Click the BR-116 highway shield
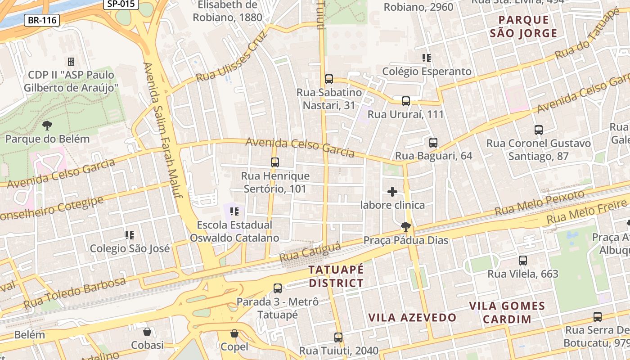tap(41, 20)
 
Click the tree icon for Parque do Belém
tap(47, 126)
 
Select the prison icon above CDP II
tap(71, 61)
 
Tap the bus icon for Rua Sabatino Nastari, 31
tap(329, 79)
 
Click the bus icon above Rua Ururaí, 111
tap(406, 101)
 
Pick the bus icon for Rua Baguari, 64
tap(433, 143)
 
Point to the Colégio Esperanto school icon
tap(427, 58)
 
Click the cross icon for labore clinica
tap(392, 192)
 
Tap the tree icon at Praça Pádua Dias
tap(406, 227)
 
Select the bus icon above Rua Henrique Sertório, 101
tap(275, 162)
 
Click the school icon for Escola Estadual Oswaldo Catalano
tap(234, 211)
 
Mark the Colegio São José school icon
tap(130, 235)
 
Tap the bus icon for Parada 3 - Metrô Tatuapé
tap(278, 288)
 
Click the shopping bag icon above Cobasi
tap(147, 332)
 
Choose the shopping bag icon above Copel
tap(234, 333)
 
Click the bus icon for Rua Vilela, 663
tap(523, 260)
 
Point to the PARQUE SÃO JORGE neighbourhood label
tap(523, 27)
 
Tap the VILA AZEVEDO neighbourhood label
tap(413, 317)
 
